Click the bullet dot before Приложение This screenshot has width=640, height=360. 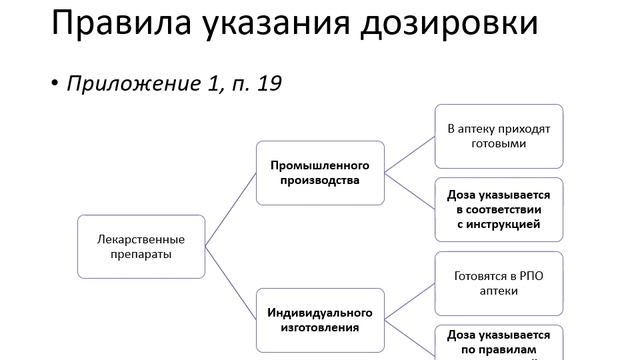point(56,84)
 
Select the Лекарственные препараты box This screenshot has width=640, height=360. point(140,247)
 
